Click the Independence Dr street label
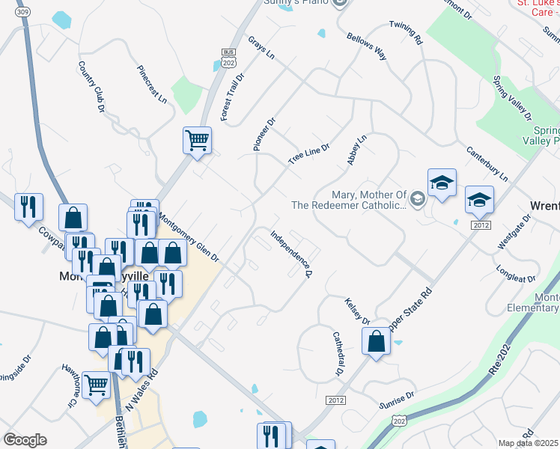[x=291, y=254]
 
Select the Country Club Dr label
[x=91, y=88]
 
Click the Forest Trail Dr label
[x=228, y=102]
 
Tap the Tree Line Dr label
[x=309, y=155]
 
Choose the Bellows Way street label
[x=366, y=46]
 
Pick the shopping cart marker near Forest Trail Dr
[x=197, y=140]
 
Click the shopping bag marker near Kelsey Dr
[x=376, y=341]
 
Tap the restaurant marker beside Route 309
[x=28, y=207]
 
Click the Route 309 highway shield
[x=22, y=13]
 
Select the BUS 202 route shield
[x=228, y=58]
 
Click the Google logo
[x=25, y=439]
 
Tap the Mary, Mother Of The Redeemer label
[x=349, y=199]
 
